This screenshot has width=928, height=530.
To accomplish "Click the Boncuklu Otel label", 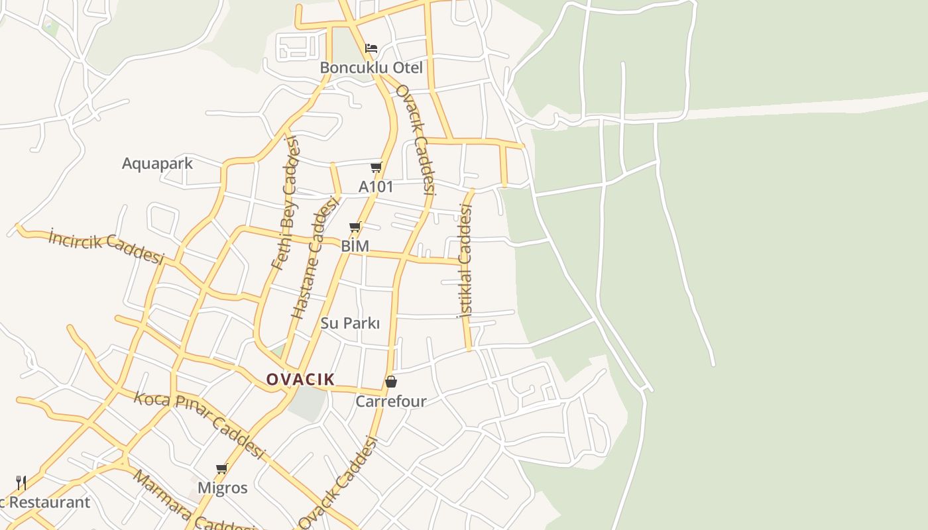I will [371, 68].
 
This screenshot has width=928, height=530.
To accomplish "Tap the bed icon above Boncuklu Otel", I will [371, 48].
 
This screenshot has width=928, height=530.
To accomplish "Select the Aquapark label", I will [157, 164].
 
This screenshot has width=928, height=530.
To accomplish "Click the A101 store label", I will [376, 187].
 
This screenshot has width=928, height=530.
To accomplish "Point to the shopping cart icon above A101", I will [376, 167].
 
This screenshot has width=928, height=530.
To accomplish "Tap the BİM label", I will [355, 246].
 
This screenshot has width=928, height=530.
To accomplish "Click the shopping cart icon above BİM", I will [355, 227].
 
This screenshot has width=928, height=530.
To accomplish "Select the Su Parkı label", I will [350, 323].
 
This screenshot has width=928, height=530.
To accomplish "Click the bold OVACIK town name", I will [300, 380].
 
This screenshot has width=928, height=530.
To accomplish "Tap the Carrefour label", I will [390, 401].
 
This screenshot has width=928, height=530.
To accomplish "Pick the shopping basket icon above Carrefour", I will [391, 382].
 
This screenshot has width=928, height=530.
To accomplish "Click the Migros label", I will [222, 488].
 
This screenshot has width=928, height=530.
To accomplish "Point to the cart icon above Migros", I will [221, 469].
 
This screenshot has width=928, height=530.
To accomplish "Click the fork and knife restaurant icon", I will [21, 482].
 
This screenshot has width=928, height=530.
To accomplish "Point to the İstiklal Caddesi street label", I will [465, 262].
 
